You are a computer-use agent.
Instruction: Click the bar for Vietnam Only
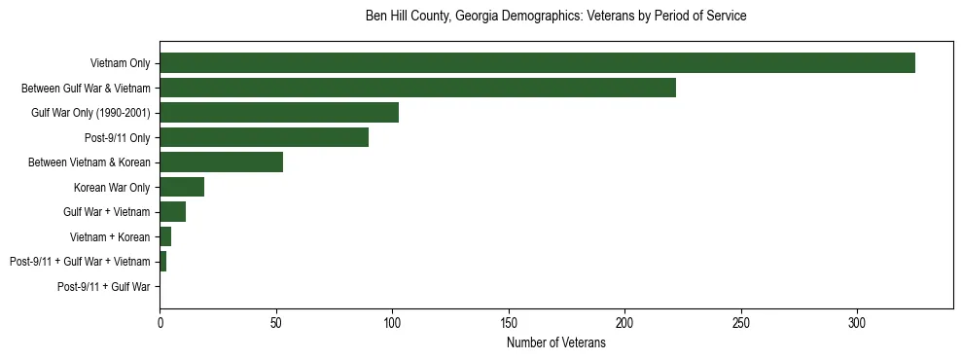[x=537, y=62]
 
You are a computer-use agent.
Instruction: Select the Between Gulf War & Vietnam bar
[x=417, y=88]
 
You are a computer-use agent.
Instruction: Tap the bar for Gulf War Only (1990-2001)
[x=279, y=112]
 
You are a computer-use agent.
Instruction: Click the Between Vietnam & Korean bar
[x=221, y=162]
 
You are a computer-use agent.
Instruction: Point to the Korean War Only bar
[x=182, y=187]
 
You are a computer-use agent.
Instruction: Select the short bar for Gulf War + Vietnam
[x=172, y=211]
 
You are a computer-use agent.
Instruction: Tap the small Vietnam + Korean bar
[x=165, y=236]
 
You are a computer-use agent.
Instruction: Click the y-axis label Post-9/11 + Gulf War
[x=104, y=286]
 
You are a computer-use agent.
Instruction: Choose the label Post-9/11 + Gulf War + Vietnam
[x=80, y=262]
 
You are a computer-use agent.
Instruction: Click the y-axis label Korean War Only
[x=112, y=187]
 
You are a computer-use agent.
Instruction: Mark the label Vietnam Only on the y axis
[x=120, y=62]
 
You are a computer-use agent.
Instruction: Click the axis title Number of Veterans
[x=555, y=342]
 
